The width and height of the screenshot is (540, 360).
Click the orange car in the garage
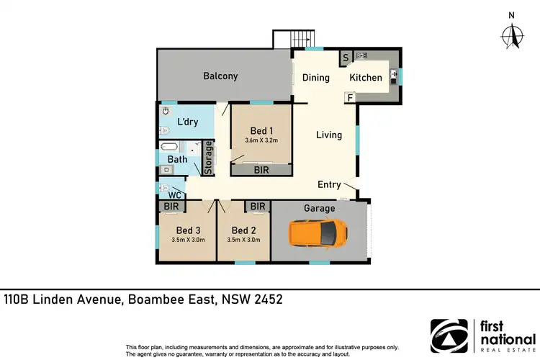tap(317, 233)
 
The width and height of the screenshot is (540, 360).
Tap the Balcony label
tap(220, 76)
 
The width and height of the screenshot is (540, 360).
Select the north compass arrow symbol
tap(511, 34)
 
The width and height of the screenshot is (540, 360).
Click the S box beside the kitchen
tap(346, 58)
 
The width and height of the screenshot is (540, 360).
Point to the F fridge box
tap(350, 97)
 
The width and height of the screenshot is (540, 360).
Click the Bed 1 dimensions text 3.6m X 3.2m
tap(261, 141)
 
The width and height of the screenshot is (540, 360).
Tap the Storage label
tap(209, 158)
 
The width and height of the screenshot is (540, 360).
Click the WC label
tap(174, 195)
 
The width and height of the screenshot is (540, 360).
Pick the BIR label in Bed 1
tap(262, 171)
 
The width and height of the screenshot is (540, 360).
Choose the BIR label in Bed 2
tap(258, 207)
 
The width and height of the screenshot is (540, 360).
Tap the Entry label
tap(329, 185)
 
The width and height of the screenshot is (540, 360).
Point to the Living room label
tap(329, 135)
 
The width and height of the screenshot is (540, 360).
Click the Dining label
tap(315, 78)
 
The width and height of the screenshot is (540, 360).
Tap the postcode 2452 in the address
tap(264, 299)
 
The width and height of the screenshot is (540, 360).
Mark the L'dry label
tap(187, 122)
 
